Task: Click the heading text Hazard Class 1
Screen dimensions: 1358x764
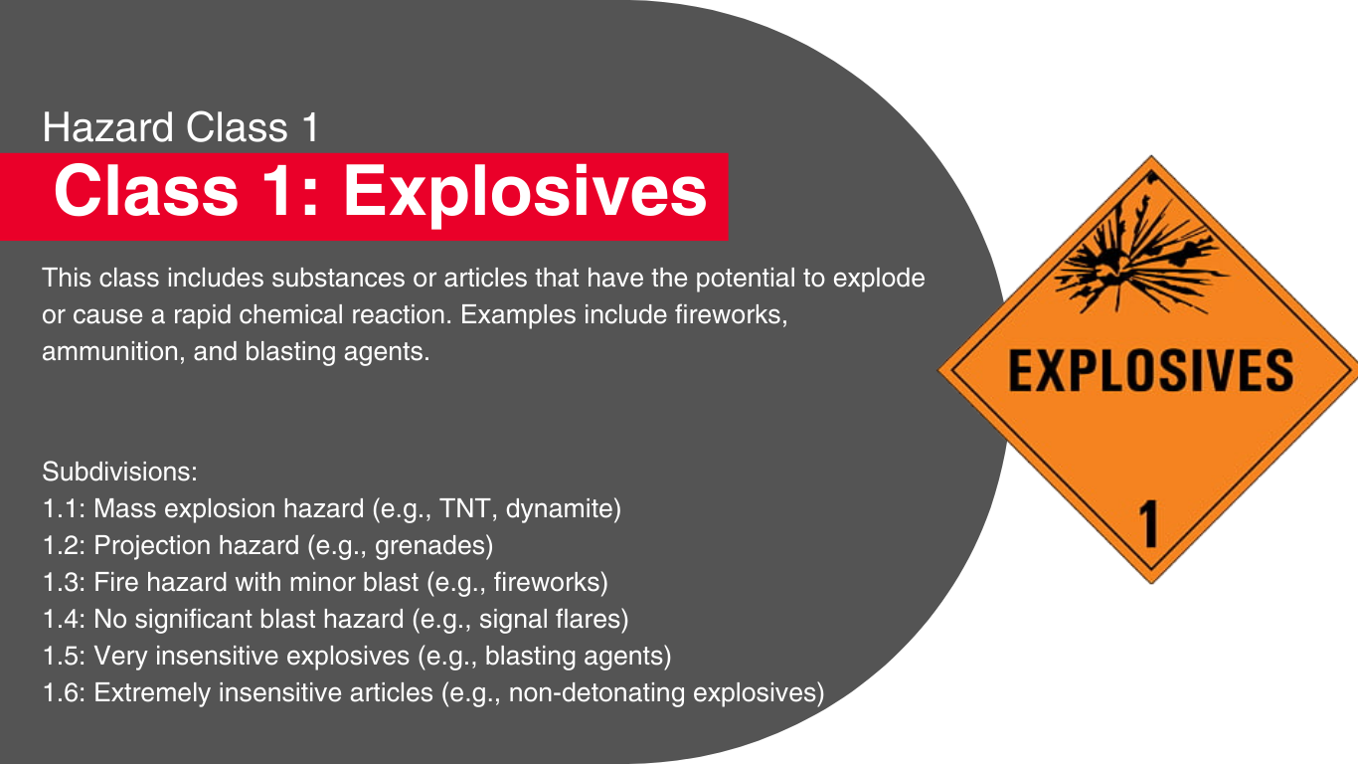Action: [180, 127]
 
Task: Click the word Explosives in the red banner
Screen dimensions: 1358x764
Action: [525, 193]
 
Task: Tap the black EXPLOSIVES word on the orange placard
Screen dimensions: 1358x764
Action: [1150, 370]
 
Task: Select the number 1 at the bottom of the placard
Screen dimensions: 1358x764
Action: [1148, 524]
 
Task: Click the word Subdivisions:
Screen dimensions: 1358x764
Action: [119, 473]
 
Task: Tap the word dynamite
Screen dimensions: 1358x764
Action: [559, 508]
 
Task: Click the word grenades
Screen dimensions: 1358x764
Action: [429, 545]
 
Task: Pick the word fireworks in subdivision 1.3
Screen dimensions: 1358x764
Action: [546, 583]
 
